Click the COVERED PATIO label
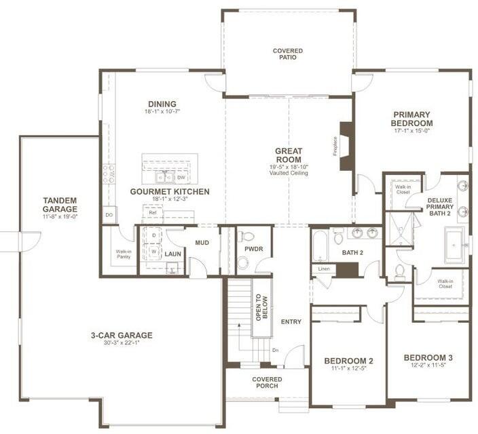288,54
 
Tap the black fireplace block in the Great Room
346,146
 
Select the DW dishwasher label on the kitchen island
181,178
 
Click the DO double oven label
109,215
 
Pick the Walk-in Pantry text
123,254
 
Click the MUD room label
202,242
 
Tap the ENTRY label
291,321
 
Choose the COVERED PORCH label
268,382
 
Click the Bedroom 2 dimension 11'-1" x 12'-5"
348,368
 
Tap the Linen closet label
323,269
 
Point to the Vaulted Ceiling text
289,173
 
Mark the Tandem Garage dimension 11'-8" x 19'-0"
60,216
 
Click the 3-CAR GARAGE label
122,335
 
